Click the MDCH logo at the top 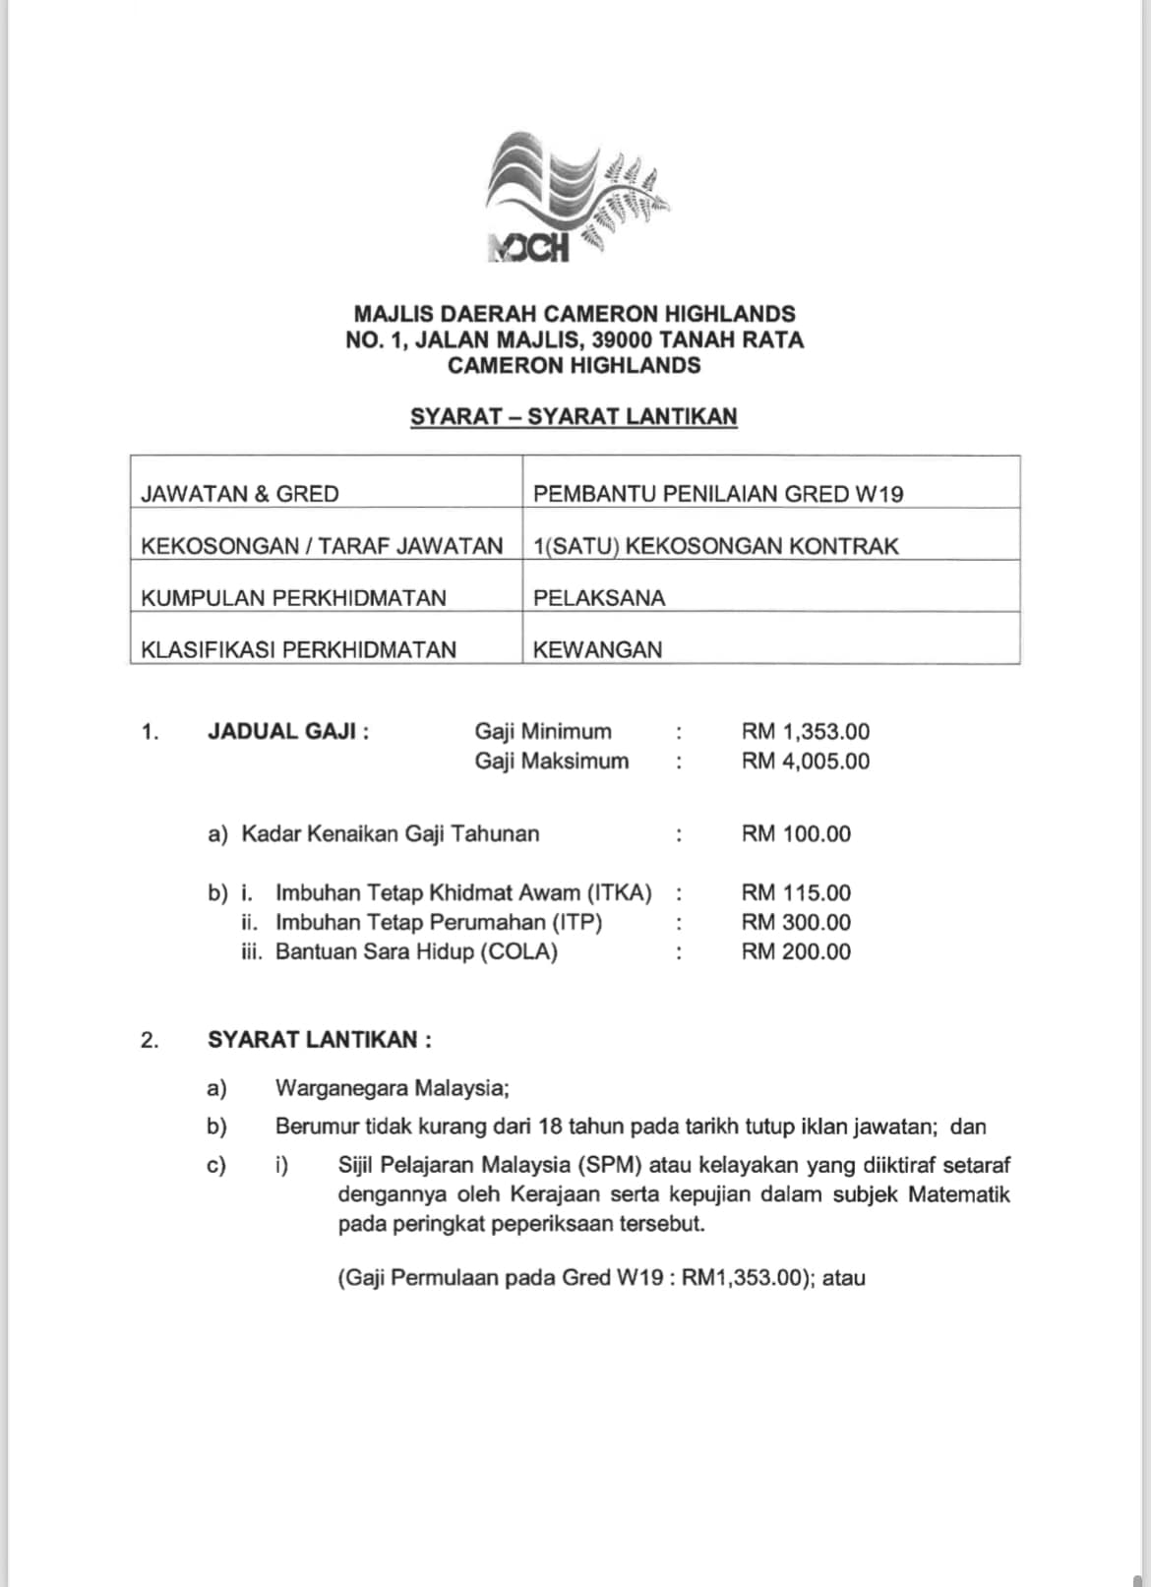pos(575,199)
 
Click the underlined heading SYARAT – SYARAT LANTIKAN pos(574,416)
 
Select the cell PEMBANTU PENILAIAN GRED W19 pos(717,494)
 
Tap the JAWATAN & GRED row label pos(240,494)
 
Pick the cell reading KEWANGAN pos(597,649)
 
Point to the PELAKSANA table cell pos(598,597)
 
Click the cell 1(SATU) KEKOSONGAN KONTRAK pos(715,546)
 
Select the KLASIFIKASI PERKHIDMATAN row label pos(299,649)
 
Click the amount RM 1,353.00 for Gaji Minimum pos(806,731)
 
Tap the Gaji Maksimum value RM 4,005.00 pos(806,761)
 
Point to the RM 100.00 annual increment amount pos(796,833)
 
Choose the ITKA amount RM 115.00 pos(796,892)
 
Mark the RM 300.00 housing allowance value pos(796,922)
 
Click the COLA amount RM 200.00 pos(796,951)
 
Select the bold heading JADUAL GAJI pos(287,731)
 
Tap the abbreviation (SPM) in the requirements pos(610,1165)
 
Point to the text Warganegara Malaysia pos(392,1088)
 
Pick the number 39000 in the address pos(622,340)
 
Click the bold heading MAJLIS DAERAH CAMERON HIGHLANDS pos(575,314)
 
